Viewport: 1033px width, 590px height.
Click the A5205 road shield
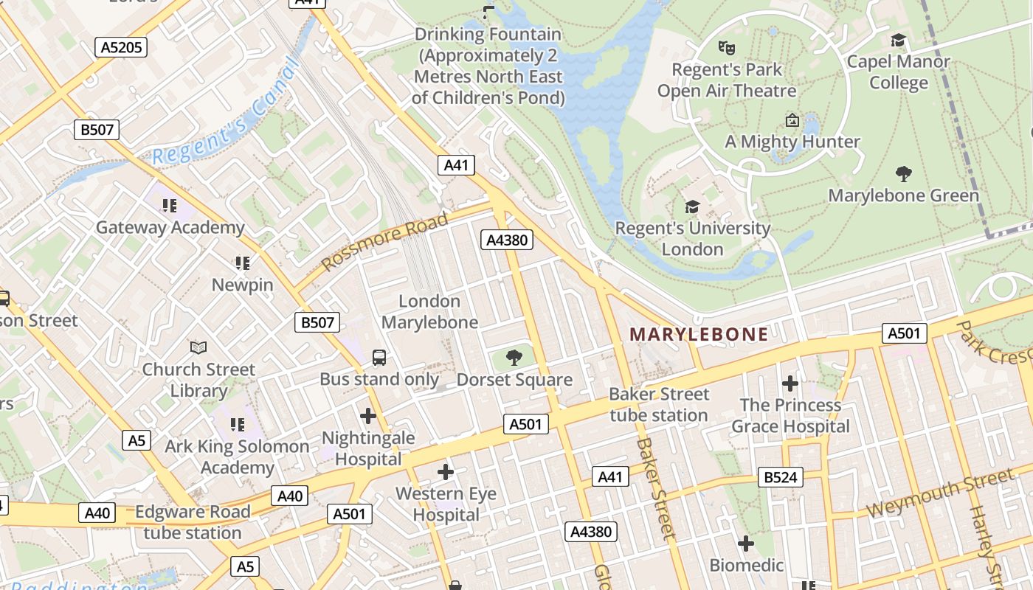pyautogui.click(x=121, y=47)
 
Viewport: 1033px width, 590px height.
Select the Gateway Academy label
pyautogui.click(x=170, y=227)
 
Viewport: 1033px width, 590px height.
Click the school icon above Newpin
pyautogui.click(x=242, y=263)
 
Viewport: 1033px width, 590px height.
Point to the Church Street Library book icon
pyautogui.click(x=198, y=347)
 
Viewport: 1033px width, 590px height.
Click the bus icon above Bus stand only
pyautogui.click(x=379, y=358)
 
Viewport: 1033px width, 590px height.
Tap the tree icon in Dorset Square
pyautogui.click(x=514, y=358)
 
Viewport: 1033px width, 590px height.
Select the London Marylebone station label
pyautogui.click(x=429, y=312)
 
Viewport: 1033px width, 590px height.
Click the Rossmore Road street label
pyautogui.click(x=384, y=242)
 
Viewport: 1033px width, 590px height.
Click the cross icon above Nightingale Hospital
pyautogui.click(x=368, y=416)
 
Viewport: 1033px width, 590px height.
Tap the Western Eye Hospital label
pyautogui.click(x=446, y=504)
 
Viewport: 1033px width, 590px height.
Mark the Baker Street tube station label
pyautogui.click(x=659, y=405)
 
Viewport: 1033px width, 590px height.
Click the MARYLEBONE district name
pyautogui.click(x=699, y=334)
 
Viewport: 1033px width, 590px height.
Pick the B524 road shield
pyautogui.click(x=780, y=477)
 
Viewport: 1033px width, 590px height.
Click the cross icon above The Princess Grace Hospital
pyautogui.click(x=790, y=383)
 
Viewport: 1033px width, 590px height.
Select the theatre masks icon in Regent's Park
pyautogui.click(x=727, y=48)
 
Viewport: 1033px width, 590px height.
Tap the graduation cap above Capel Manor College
pyautogui.click(x=898, y=40)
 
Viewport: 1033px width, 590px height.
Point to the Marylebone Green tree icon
pyautogui.click(x=904, y=174)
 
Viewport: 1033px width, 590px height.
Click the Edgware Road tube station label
pyautogui.click(x=193, y=522)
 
